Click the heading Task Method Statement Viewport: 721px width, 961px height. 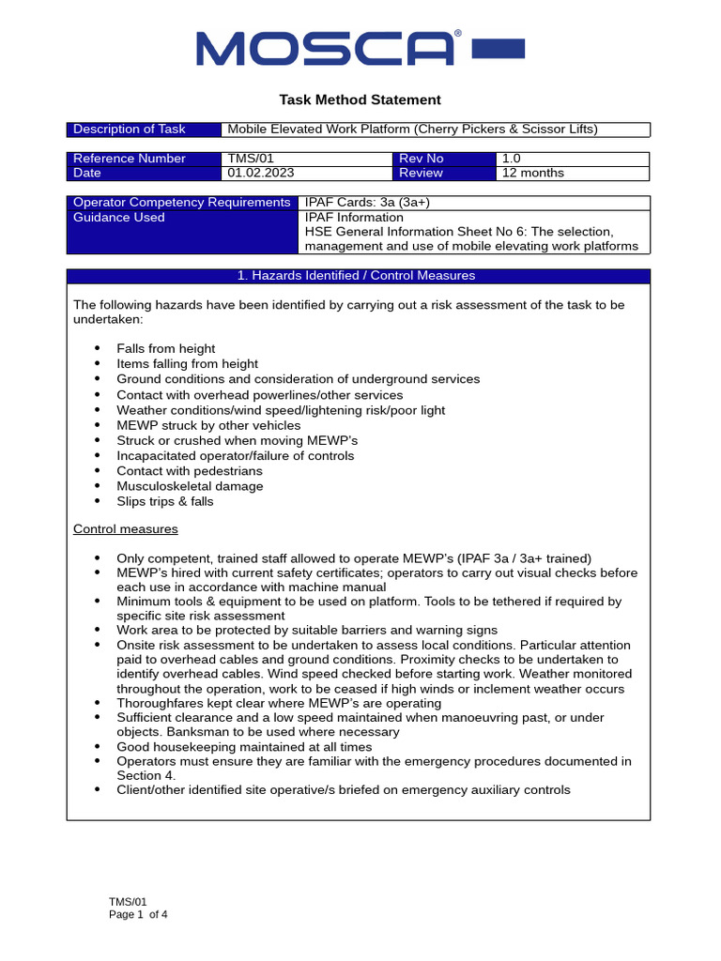[360, 99]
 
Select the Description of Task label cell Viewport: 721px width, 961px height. [130, 130]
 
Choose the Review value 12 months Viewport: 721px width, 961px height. [533, 173]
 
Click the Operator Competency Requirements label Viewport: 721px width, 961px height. [181, 203]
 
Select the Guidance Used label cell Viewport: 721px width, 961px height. [119, 218]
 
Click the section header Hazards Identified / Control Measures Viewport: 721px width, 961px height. [358, 276]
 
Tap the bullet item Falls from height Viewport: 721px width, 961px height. [165, 348]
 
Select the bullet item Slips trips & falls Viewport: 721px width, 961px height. [165, 501]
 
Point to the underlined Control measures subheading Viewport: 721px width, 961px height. [126, 529]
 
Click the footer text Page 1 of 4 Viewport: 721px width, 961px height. [139, 914]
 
